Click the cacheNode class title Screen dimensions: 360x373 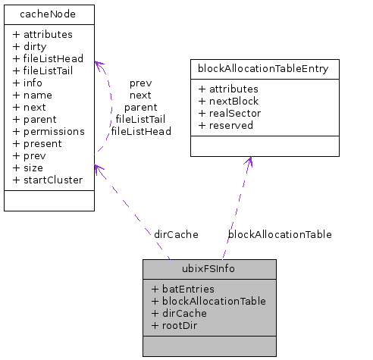click(49, 14)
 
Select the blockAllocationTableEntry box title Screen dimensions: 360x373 click(263, 69)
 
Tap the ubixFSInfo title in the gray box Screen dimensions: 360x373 click(209, 268)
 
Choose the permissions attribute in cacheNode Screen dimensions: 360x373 click(49, 131)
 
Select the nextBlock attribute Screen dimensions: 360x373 click(228, 101)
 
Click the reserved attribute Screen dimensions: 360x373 click(227, 125)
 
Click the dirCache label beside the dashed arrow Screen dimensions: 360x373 click(176, 234)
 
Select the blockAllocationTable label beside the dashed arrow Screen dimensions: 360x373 click(280, 234)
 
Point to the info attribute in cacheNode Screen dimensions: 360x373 click(27, 83)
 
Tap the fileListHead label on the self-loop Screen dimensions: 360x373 click(141, 131)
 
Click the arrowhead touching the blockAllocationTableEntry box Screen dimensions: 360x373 click(248, 162)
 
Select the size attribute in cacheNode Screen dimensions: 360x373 click(28, 167)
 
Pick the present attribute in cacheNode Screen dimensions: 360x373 click(38, 143)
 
